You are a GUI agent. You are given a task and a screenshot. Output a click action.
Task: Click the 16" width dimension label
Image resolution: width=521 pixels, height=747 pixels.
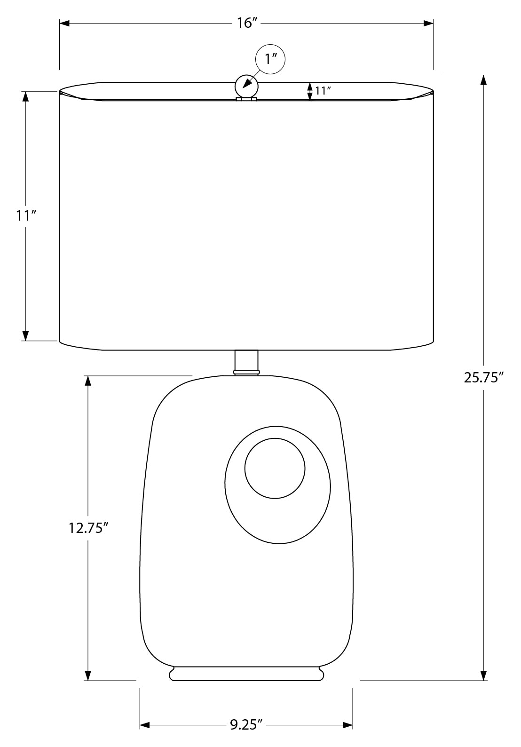click(x=247, y=23)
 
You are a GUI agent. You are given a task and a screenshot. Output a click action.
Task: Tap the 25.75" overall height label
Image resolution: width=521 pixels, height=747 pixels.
click(x=483, y=378)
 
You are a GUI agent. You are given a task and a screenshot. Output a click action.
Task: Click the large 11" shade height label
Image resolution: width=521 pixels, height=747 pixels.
click(x=26, y=216)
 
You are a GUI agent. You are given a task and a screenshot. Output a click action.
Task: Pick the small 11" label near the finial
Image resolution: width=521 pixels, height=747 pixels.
click(x=323, y=90)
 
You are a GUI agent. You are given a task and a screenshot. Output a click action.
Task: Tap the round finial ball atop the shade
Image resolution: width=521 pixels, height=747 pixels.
click(x=247, y=87)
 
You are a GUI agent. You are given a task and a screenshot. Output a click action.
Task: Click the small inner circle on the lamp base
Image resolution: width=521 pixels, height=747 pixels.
click(x=275, y=468)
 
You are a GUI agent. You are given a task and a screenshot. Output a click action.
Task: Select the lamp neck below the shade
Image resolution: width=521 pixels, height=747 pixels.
click(x=247, y=363)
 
